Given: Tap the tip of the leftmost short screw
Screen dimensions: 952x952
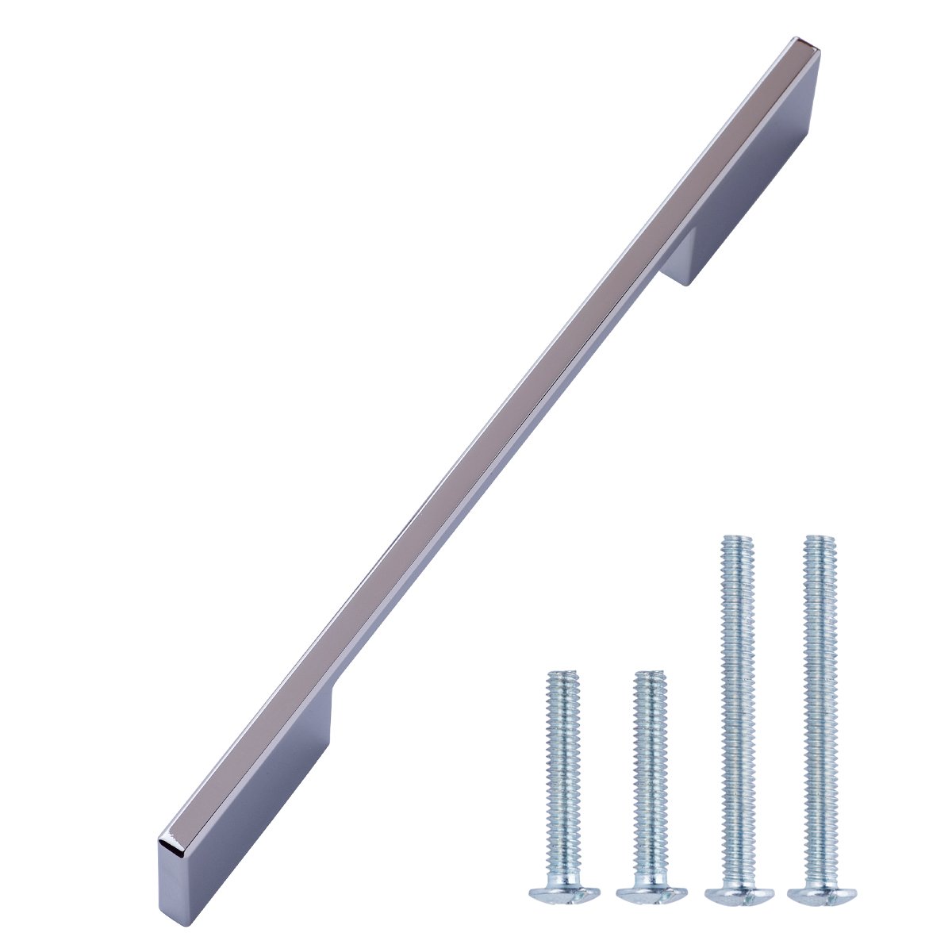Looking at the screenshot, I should pos(562,674).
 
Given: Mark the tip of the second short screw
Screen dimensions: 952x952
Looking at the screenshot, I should pos(650,674).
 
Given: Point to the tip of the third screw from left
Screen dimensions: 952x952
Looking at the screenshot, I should pos(736,539).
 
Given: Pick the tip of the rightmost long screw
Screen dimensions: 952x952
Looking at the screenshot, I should pos(819,539).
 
